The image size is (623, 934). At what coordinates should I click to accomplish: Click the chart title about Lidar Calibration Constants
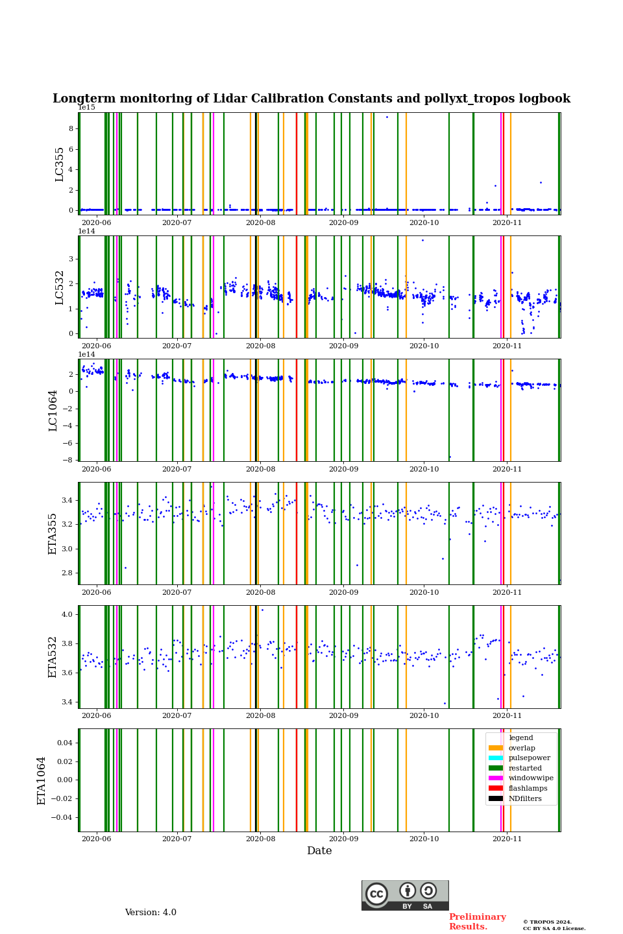point(311,99)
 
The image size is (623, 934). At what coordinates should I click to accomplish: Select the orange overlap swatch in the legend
point(496,748)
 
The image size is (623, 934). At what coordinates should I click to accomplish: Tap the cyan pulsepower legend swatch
point(496,758)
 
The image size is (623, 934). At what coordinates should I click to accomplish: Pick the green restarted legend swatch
point(496,768)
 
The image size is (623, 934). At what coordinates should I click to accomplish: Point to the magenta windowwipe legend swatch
point(496,778)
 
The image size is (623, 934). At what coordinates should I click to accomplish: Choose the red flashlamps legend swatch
point(496,789)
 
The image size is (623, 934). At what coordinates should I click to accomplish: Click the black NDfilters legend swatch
point(496,798)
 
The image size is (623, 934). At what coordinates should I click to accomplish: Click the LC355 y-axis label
point(60,164)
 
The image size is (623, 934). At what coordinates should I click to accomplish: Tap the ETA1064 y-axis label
point(42,780)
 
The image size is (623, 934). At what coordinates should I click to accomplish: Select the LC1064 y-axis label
point(53,410)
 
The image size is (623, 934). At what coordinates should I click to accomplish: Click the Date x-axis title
point(319,851)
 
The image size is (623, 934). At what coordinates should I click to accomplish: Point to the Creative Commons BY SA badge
point(405,895)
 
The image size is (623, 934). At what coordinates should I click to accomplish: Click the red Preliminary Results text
point(477,922)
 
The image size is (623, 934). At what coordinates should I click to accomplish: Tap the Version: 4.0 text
point(151,913)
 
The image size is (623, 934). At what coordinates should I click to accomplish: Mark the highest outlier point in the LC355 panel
point(387,117)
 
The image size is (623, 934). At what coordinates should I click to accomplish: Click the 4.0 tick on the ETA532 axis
point(67,614)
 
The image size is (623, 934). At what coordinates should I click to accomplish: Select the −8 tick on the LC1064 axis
point(67,460)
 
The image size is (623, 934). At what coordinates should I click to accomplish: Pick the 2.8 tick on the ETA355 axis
point(67,573)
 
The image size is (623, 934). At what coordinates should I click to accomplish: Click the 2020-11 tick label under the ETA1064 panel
point(507,839)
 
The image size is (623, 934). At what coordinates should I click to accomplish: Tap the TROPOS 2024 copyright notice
point(554,925)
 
